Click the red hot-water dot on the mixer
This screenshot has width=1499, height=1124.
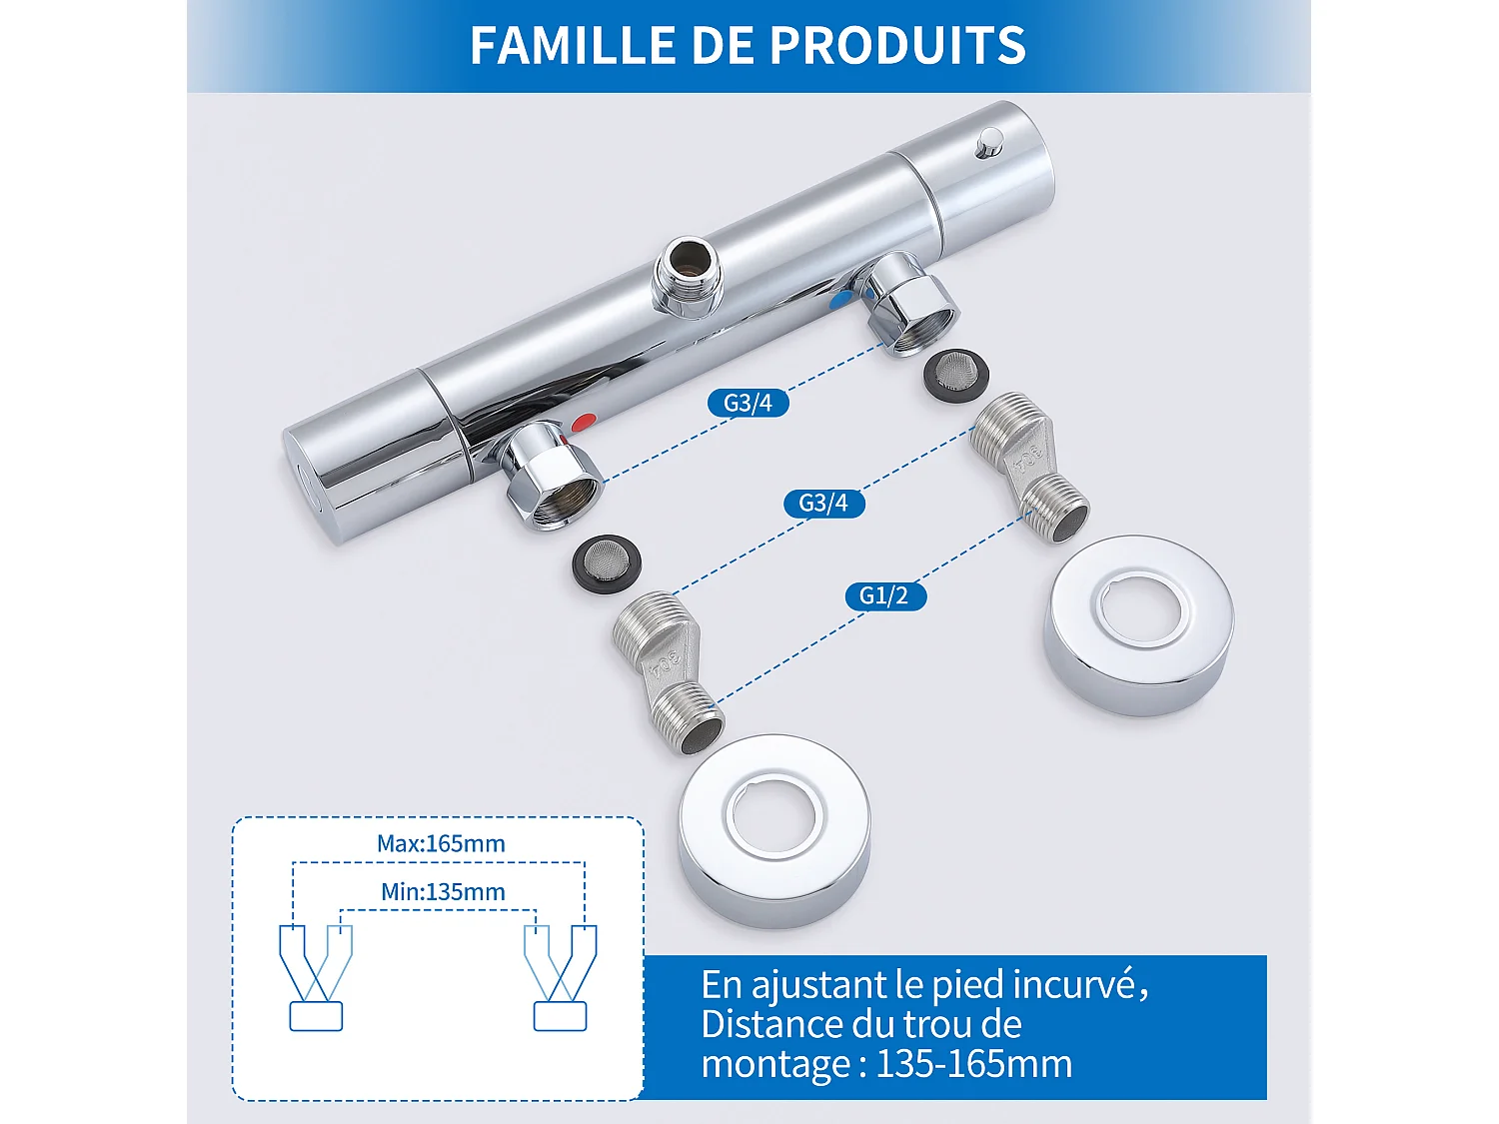585,423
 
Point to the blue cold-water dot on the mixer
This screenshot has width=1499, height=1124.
842,299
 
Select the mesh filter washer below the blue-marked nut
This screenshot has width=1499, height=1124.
956,376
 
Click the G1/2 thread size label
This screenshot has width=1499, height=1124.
884,596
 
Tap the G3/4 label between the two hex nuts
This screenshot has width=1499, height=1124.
748,403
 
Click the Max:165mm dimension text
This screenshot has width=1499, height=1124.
441,843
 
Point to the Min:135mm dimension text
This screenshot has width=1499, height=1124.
443,891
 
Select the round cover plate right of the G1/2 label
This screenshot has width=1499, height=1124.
1138,624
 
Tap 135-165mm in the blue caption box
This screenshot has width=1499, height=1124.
973,1064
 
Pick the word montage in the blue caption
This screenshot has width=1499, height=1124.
775,1064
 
